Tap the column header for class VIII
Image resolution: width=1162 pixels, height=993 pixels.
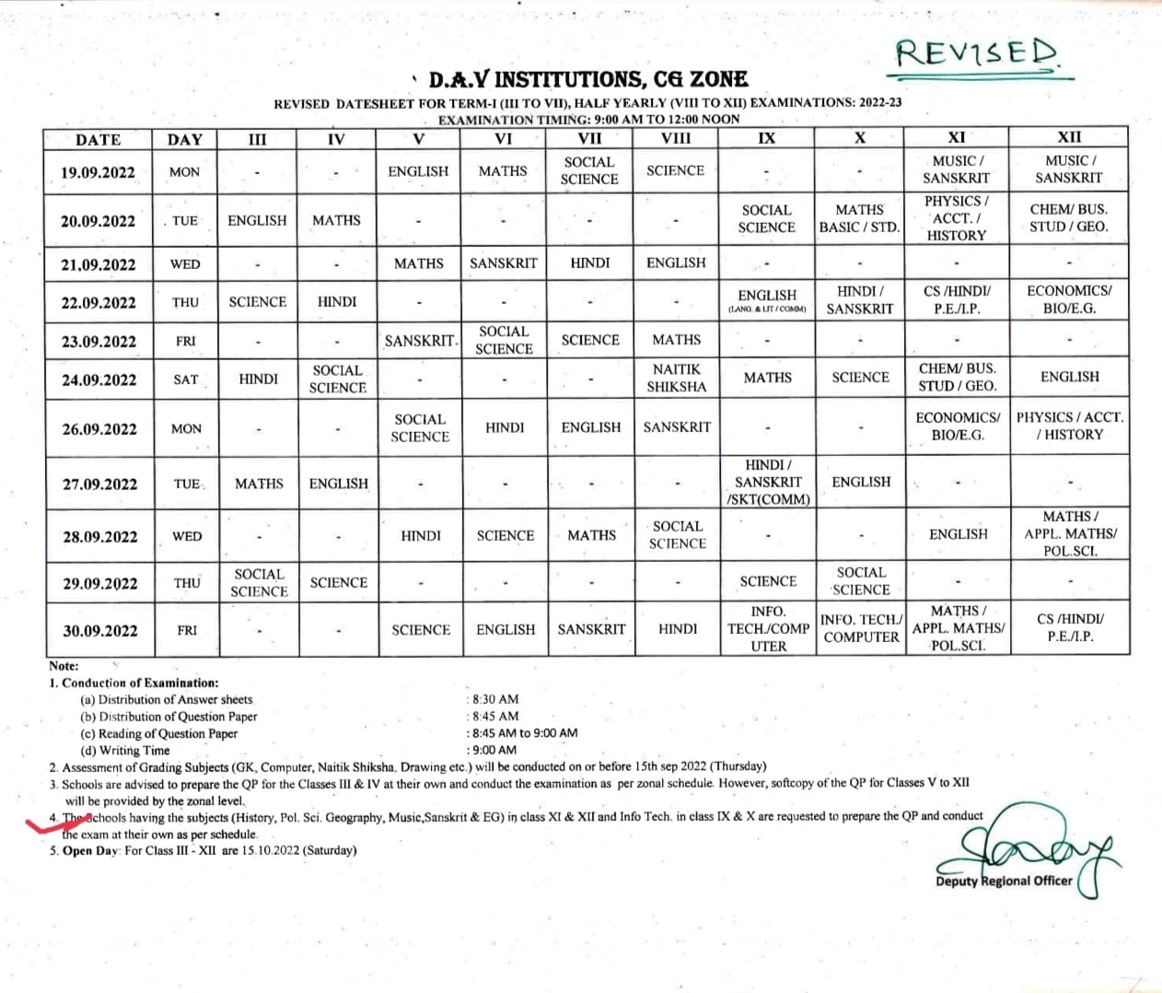[676, 138]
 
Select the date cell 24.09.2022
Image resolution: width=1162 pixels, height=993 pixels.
[99, 380]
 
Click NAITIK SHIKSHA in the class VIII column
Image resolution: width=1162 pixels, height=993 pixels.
[677, 378]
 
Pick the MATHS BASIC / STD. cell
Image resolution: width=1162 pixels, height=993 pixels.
[859, 218]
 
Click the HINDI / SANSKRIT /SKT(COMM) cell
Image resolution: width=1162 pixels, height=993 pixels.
[768, 482]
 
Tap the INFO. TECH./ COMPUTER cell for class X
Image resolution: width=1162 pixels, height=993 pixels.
[861, 628]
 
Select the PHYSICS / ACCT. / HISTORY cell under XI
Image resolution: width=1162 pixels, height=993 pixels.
[956, 218]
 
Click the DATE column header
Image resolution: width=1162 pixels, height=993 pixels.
[99, 140]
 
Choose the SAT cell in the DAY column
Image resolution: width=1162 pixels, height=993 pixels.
[186, 380]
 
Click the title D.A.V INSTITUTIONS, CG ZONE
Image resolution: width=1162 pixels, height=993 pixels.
[588, 79]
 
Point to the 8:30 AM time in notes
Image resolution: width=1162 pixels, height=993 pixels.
[495, 699]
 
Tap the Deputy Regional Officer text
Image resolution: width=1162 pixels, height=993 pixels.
[1004, 881]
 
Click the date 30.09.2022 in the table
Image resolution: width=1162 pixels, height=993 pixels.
[99, 631]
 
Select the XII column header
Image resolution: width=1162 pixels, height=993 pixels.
[1069, 137]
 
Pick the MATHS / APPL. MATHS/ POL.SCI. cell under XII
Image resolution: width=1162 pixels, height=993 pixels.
[1070, 533]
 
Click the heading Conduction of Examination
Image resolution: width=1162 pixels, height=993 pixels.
[140, 683]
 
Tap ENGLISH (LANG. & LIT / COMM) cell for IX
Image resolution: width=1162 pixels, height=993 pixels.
[767, 301]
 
